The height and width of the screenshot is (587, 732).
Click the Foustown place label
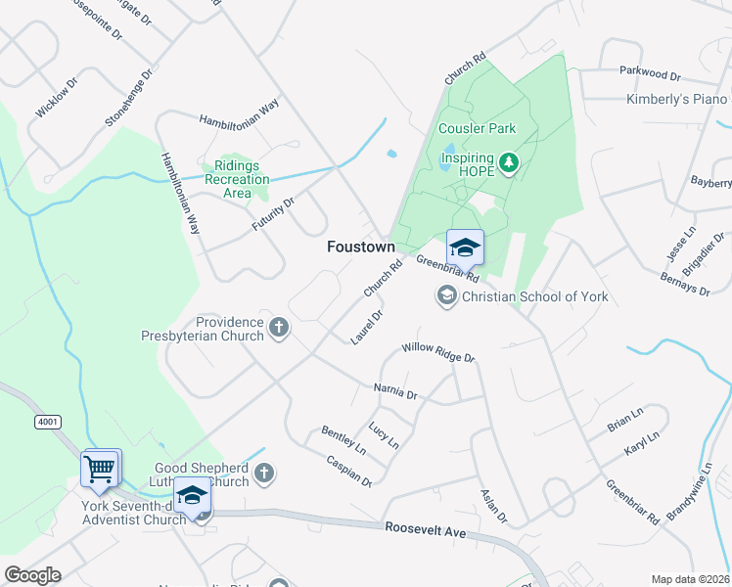[361, 248]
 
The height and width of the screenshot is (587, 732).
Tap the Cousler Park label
[477, 128]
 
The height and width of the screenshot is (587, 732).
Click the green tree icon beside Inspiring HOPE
[508, 161]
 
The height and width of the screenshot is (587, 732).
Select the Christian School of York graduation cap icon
[447, 295]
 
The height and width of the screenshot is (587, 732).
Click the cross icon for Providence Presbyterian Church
[279, 328]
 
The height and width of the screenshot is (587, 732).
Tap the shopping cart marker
[99, 469]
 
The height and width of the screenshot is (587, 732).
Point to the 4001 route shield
[47, 422]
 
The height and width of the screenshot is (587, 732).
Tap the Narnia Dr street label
[395, 391]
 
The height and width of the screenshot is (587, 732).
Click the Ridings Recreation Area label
[237, 179]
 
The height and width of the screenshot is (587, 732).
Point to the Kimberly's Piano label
[676, 99]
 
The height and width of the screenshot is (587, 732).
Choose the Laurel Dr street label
[366, 328]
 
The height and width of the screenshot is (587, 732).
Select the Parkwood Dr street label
[650, 73]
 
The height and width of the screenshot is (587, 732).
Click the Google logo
[32, 575]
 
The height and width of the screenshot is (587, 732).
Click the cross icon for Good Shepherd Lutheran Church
[263, 474]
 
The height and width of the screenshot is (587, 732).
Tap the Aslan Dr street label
[493, 505]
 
